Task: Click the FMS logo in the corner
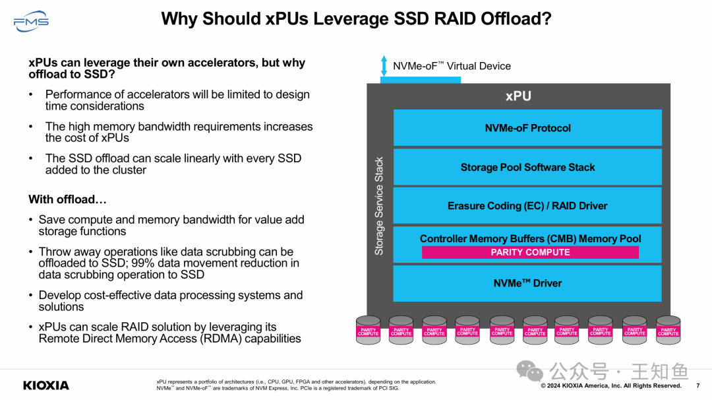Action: point(31,22)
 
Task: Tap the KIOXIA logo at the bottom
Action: point(46,385)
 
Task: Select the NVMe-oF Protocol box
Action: point(527,128)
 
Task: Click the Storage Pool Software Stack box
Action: point(527,167)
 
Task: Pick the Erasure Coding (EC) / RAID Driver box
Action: point(527,206)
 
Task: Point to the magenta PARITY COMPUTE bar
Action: point(530,252)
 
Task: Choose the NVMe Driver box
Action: point(527,283)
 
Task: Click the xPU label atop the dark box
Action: point(518,96)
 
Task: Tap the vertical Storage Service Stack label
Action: point(379,206)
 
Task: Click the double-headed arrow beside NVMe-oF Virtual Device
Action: point(384,65)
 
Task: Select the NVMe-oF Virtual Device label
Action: point(452,66)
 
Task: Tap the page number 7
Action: point(697,385)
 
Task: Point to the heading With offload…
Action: point(67,199)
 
